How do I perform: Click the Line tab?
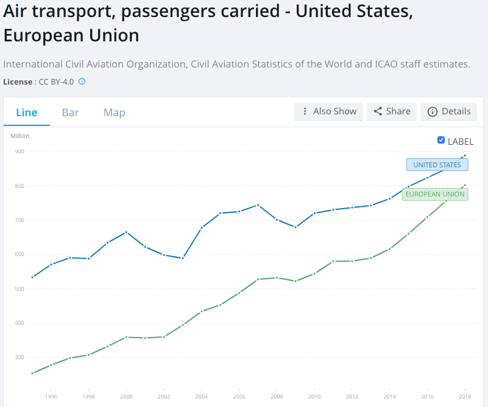(x=27, y=113)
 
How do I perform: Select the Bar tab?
(x=71, y=113)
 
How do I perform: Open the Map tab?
(x=115, y=113)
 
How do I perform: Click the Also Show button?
(x=328, y=111)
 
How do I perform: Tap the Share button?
(x=392, y=111)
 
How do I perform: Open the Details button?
(x=449, y=111)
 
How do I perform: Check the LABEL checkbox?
(x=441, y=141)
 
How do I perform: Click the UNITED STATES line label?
(x=437, y=165)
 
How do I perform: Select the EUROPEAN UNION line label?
(x=435, y=195)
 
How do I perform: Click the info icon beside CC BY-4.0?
(x=82, y=81)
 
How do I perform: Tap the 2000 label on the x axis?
(x=126, y=396)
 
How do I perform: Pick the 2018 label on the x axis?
(x=465, y=396)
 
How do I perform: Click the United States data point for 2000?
(x=126, y=232)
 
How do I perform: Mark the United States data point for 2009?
(x=295, y=227)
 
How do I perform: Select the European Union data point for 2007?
(x=258, y=279)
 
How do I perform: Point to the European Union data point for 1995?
(x=32, y=373)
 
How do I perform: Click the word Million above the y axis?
(x=20, y=136)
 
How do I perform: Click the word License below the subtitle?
(x=18, y=82)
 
